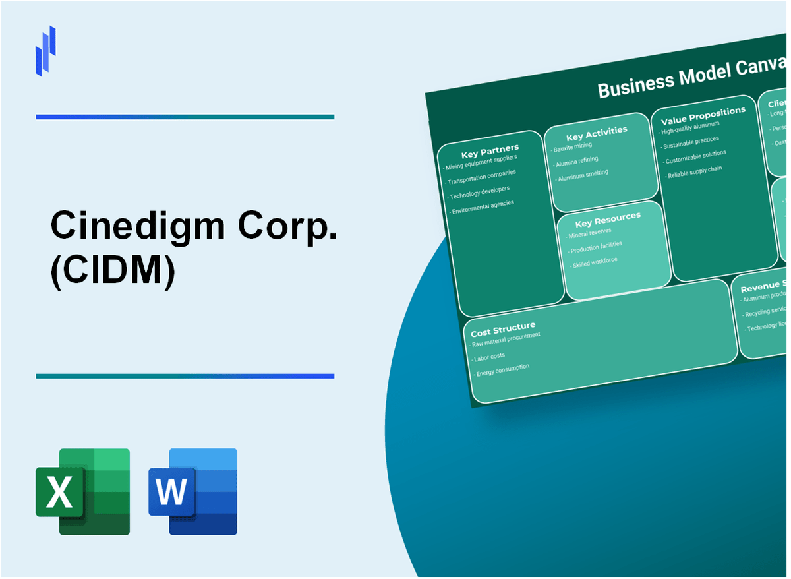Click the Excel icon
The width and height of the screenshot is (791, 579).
(82, 491)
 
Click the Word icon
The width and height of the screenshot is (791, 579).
(192, 491)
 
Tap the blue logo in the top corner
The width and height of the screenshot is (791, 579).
(45, 51)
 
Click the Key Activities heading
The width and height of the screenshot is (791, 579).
(597, 133)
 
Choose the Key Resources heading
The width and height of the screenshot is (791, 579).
(607, 220)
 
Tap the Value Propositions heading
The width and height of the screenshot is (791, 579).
(703, 114)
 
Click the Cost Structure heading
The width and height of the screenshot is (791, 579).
(503, 328)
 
